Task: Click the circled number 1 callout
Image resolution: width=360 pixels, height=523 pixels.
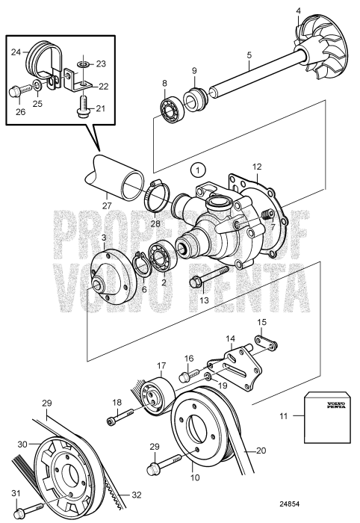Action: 196,169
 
